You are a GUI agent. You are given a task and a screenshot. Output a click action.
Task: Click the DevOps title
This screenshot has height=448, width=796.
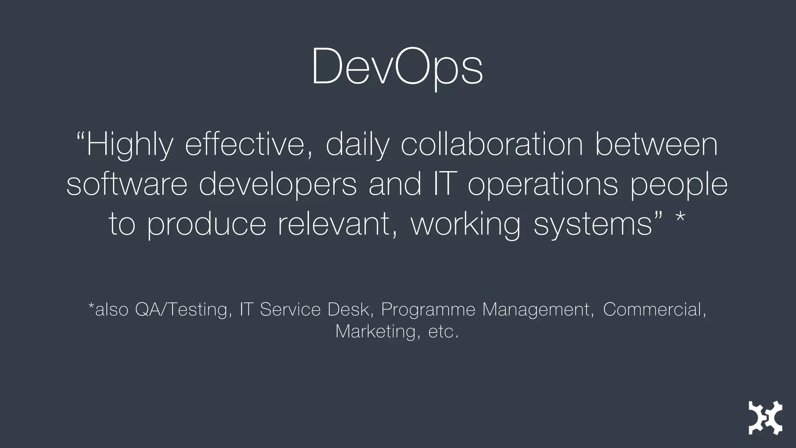(x=397, y=67)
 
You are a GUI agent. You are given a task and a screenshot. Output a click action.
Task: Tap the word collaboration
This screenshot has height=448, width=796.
(x=492, y=145)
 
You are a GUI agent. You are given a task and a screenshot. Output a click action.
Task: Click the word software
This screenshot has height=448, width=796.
(x=127, y=184)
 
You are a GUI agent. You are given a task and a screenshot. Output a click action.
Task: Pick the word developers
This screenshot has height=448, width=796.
(x=278, y=184)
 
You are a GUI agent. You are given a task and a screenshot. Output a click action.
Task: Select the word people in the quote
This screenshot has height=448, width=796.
(x=679, y=184)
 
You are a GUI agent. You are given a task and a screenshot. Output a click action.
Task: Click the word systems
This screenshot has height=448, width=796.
(x=593, y=225)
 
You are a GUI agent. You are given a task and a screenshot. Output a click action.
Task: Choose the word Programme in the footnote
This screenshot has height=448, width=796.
(x=428, y=310)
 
